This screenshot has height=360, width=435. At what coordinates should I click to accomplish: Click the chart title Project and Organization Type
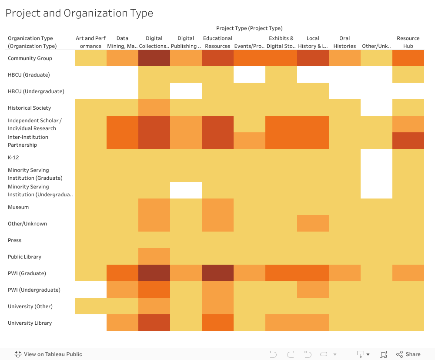click(x=79, y=13)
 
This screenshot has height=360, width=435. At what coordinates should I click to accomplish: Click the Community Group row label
click(x=30, y=58)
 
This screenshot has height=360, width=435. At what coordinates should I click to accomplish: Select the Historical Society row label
click(x=30, y=108)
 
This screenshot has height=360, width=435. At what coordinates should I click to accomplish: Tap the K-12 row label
click(x=13, y=158)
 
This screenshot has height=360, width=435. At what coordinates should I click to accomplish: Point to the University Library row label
click(x=30, y=323)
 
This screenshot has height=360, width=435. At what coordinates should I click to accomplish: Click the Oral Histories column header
click(x=345, y=42)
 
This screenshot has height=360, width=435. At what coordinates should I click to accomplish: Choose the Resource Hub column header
click(x=408, y=42)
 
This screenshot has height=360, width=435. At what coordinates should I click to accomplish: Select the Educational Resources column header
click(x=217, y=42)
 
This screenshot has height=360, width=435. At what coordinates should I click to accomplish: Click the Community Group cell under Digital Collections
click(x=154, y=58)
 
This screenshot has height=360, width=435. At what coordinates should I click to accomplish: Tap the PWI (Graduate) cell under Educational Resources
click(x=217, y=273)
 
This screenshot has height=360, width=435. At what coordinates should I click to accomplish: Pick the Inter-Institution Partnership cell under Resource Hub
click(x=408, y=141)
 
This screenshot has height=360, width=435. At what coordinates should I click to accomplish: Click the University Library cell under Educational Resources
click(x=217, y=323)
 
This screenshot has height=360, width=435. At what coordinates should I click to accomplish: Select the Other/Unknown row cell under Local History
click(x=313, y=224)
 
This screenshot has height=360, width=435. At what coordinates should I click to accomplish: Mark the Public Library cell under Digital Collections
click(x=154, y=257)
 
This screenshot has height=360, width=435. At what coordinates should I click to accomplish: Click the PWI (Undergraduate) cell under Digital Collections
click(x=154, y=290)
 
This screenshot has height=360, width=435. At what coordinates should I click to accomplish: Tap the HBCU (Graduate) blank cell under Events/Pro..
click(x=249, y=75)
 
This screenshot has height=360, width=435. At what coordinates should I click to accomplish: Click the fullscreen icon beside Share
click(x=383, y=354)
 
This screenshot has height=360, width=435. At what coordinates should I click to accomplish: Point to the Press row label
click(x=15, y=240)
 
